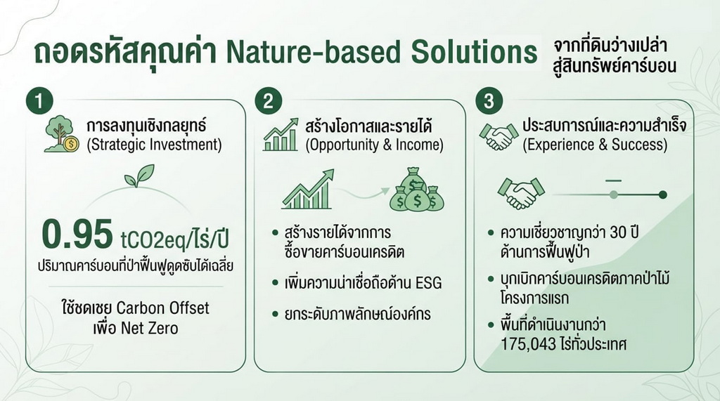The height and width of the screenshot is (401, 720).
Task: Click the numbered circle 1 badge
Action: (39, 101)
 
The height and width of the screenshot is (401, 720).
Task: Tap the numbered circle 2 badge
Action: (268, 101)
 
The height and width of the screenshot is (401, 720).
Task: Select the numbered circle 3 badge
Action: (489, 101)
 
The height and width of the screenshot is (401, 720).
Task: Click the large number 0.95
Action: (77, 234)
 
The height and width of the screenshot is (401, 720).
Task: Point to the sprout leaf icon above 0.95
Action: (140, 176)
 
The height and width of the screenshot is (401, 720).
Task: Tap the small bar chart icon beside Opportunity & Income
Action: (281, 135)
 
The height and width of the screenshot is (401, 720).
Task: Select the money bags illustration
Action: (417, 190)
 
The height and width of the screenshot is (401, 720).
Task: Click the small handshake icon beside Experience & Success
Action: (499, 136)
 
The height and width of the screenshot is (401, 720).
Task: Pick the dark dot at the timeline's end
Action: (662, 195)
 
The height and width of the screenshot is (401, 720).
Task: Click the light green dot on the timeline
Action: (613, 195)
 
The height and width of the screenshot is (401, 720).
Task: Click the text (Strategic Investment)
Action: (154, 145)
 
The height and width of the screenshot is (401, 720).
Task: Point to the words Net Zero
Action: (149, 329)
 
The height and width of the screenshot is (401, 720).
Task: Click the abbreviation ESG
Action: (428, 283)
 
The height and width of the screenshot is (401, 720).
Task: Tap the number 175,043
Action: (528, 344)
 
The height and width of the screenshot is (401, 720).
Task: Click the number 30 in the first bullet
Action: (619, 232)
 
